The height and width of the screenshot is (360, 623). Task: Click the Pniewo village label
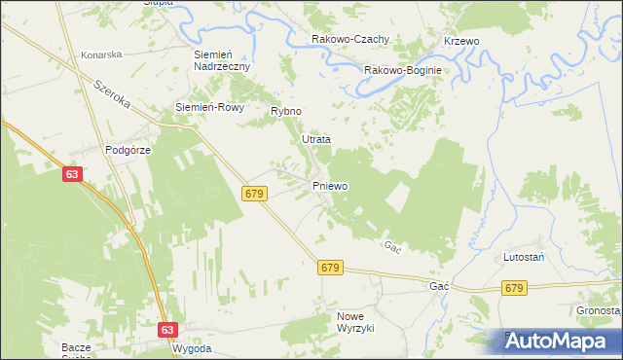click(329, 185)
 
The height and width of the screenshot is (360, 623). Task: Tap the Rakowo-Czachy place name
click(350, 39)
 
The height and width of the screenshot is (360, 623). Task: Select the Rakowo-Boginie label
click(403, 70)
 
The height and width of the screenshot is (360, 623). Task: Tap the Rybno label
click(287, 112)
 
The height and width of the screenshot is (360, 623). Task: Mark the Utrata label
click(316, 139)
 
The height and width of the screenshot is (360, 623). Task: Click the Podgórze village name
click(127, 150)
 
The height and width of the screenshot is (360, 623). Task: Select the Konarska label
click(101, 55)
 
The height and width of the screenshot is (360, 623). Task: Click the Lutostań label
click(523, 257)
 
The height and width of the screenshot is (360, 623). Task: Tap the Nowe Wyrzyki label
click(355, 322)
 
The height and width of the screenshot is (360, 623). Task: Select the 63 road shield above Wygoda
click(168, 330)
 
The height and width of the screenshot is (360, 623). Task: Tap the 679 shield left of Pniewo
click(255, 195)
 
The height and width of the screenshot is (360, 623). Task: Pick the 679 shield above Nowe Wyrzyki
click(330, 267)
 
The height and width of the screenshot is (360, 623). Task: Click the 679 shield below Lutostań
click(515, 288)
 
